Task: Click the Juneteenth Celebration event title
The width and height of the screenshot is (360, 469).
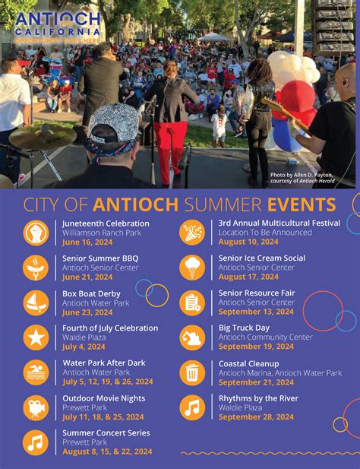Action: (106, 223)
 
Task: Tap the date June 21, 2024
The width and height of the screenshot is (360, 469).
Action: (87, 277)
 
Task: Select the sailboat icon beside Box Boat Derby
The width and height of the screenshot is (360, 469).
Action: (36, 302)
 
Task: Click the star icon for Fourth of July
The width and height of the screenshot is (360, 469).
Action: (36, 337)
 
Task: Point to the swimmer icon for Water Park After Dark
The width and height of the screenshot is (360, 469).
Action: (36, 372)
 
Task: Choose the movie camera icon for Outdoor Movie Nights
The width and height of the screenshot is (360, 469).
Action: (36, 407)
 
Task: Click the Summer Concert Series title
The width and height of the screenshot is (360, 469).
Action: (106, 433)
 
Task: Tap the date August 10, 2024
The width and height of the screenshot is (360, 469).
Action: (249, 242)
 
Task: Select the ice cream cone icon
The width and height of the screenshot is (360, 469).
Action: (192, 267)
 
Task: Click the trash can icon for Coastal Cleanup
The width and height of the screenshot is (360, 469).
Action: (192, 372)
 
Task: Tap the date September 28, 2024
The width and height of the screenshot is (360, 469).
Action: (255, 417)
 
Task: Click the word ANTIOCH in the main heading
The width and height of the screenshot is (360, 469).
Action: (135, 204)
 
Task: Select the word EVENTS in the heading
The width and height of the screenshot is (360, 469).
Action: (302, 204)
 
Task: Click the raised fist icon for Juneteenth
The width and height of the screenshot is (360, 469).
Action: (36, 232)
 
